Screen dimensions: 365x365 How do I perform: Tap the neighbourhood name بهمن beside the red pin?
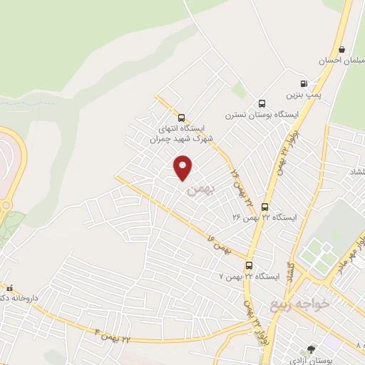[x=199, y=190]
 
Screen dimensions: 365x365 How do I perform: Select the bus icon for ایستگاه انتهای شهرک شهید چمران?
[x=180, y=118]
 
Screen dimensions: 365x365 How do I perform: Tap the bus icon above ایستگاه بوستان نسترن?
[x=262, y=103]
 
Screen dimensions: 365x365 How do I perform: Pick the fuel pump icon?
[x=304, y=83]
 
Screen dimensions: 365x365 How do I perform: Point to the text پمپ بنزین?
[x=300, y=94]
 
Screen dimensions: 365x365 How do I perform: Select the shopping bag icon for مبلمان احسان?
[x=343, y=50]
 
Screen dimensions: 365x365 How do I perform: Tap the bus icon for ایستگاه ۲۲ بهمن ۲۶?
[x=265, y=207]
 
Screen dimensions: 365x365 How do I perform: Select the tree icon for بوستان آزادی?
[x=310, y=349]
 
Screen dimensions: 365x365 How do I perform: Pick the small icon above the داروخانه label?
[x=9, y=287]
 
